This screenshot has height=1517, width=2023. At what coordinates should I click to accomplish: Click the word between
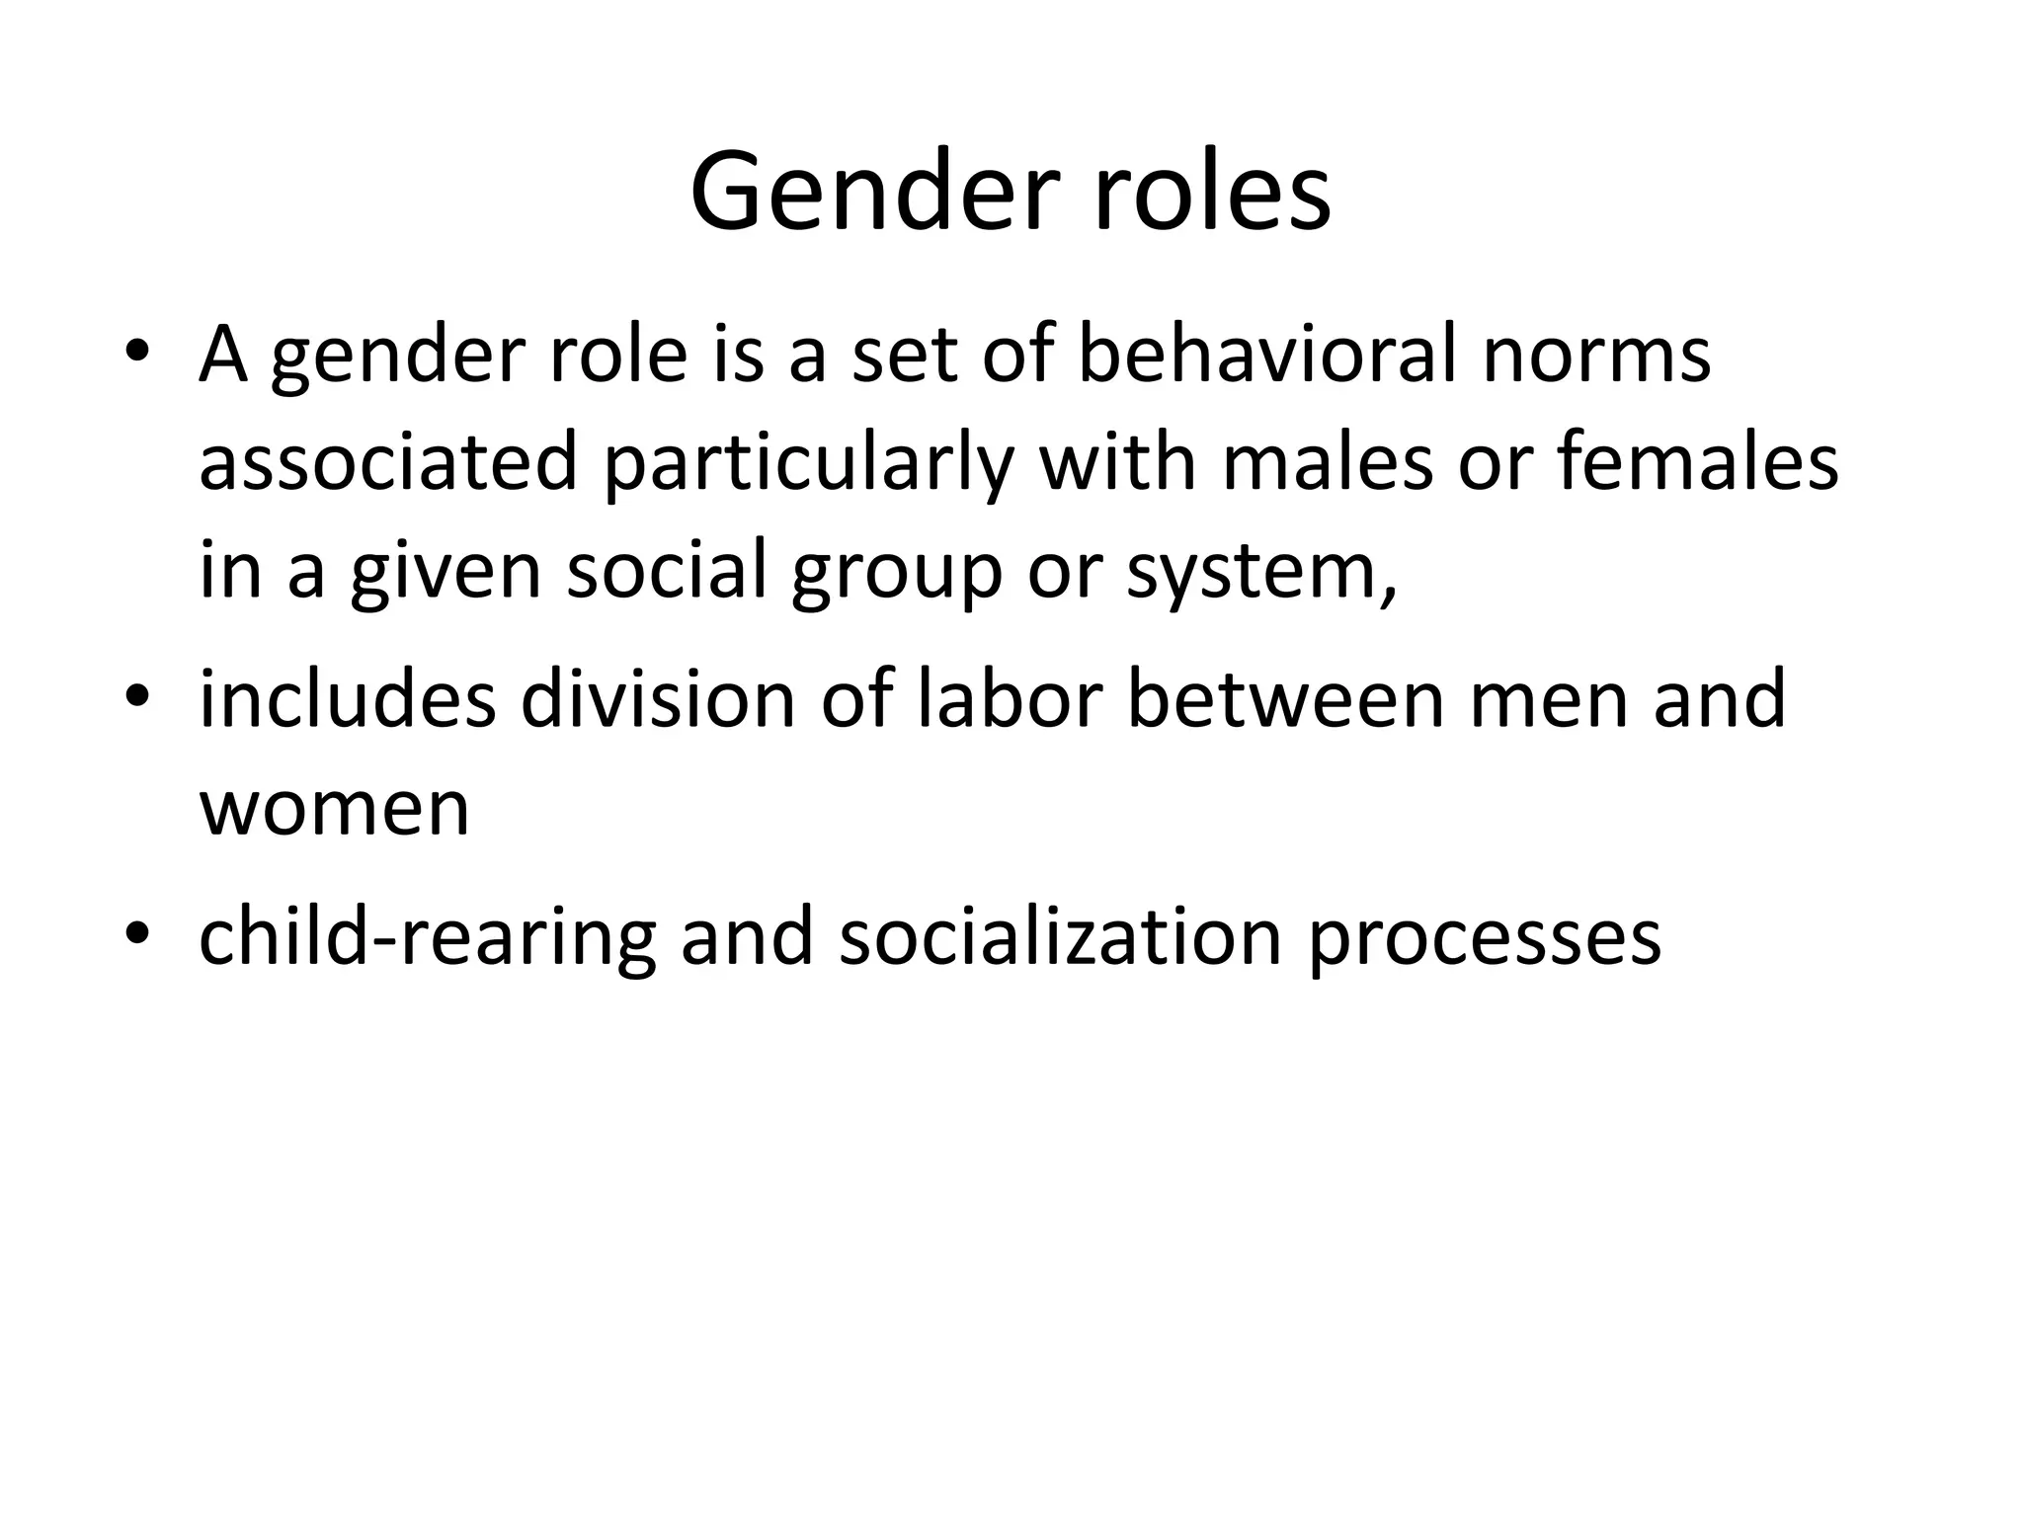coord(1284,698)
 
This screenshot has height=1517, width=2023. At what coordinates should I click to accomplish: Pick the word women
coord(335,808)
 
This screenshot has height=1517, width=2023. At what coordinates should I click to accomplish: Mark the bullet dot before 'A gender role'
coord(137,355)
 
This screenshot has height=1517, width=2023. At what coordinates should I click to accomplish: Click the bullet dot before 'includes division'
coord(137,699)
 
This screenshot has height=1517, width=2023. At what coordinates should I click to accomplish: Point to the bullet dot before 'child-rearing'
coord(137,935)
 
